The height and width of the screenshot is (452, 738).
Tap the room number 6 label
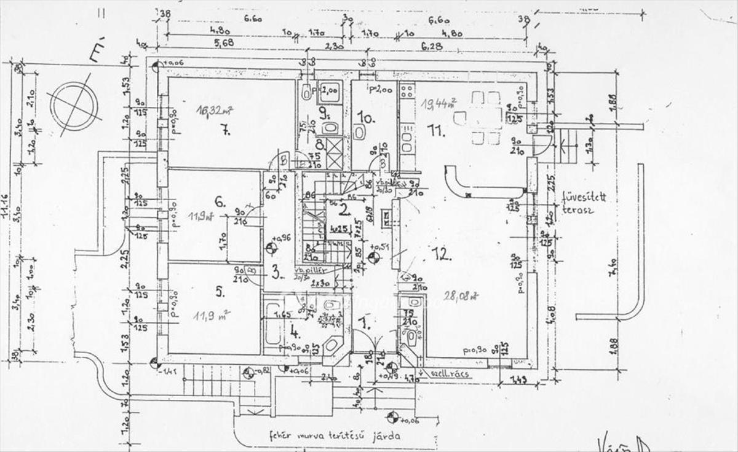(x=218, y=200)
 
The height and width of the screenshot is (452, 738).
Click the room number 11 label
(x=437, y=130)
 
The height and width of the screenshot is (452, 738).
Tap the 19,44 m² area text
(x=439, y=103)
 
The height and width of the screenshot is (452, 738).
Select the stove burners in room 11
(x=407, y=92)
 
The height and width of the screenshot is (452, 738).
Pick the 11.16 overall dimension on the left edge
(x=7, y=215)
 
